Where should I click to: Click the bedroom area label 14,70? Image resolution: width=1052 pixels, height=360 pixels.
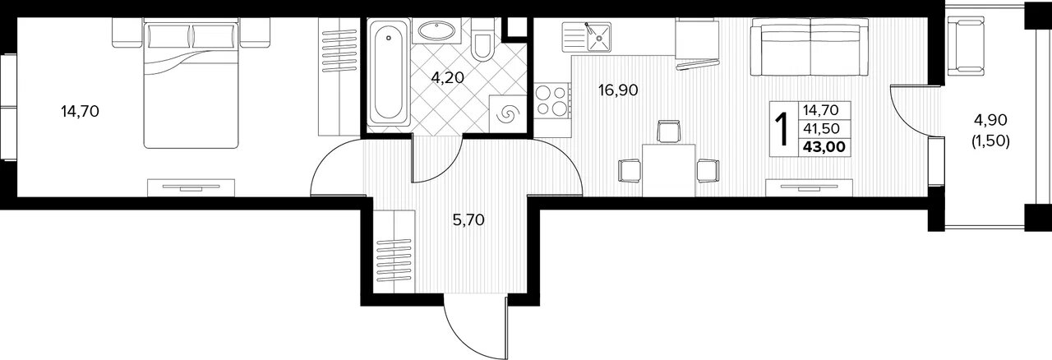(80, 112)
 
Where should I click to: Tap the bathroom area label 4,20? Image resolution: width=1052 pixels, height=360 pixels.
(448, 78)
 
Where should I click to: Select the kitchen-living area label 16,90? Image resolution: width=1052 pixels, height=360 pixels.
(618, 90)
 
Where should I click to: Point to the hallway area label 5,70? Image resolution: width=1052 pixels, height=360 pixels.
(468, 219)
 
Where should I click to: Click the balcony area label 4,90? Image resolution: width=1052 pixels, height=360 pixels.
(990, 120)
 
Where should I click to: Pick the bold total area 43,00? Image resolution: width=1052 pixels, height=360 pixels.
(824, 147)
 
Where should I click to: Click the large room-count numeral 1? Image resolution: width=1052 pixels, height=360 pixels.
(782, 129)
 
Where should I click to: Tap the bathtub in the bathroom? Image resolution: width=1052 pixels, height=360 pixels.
(389, 72)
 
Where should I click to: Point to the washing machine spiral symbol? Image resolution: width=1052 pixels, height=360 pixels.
(508, 113)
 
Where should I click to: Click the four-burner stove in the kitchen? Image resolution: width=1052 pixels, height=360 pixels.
(552, 99)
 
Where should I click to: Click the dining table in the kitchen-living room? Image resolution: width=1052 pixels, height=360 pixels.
(668, 170)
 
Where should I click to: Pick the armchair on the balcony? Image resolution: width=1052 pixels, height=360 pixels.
(966, 45)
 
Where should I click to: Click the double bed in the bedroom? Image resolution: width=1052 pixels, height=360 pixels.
(191, 84)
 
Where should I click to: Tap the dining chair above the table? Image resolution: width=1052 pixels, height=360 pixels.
(669, 132)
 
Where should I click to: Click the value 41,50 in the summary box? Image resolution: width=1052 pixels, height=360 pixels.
(820, 128)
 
